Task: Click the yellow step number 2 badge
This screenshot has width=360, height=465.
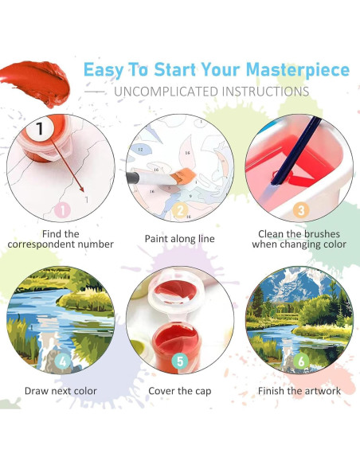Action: [180, 211]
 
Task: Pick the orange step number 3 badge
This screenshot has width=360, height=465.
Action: [299, 210]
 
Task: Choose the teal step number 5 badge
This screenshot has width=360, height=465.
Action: [180, 361]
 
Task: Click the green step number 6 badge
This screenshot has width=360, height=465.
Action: [300, 361]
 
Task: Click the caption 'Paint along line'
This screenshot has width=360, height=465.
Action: [179, 238]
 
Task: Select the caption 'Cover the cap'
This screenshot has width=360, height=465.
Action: [179, 391]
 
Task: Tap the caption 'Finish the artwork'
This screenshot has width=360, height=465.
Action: [299, 391]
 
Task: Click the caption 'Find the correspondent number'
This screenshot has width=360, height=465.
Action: [61, 239]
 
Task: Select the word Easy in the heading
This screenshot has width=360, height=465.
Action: [108, 69]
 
